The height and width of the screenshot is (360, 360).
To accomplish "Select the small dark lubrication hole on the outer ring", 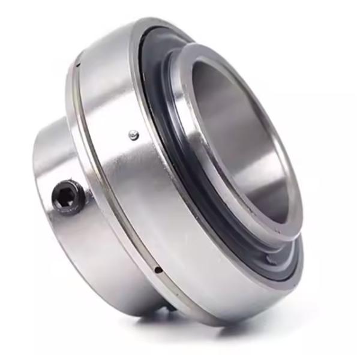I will tap(157, 270).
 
